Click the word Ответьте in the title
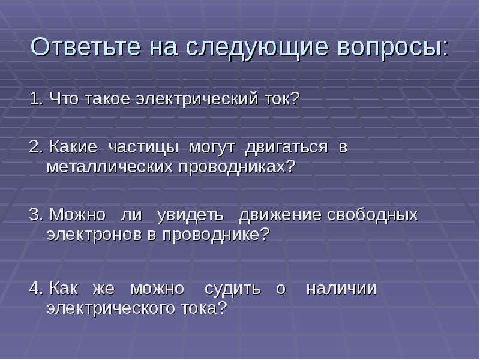tap(86, 47)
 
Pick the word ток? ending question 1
tap(281, 99)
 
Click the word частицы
tap(143, 148)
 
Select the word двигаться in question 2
tap(287, 148)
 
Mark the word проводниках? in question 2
tap(237, 168)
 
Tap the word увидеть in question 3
tap(190, 215)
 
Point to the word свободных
tap(372, 215)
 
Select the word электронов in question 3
tap(94, 235)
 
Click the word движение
tap(280, 215)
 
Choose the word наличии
tap(341, 289)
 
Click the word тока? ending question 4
tap(204, 308)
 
